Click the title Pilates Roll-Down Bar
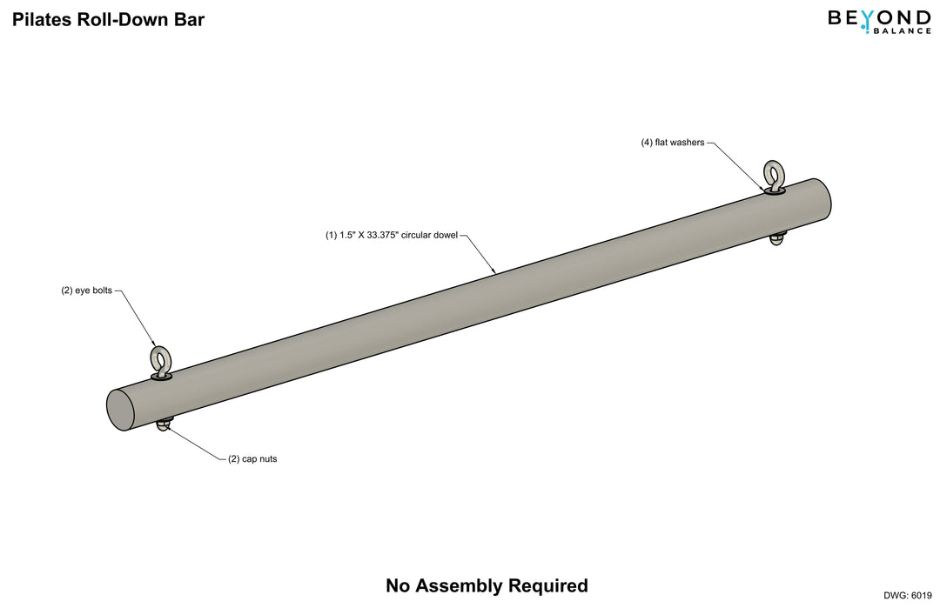coord(108,19)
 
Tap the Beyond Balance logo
coord(879,21)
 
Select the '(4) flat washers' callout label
coord(673,143)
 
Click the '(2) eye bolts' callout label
coord(86,291)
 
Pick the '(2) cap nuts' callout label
coord(252,459)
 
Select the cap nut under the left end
coord(164,424)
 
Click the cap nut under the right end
coord(778,238)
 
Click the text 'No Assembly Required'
coord(487,586)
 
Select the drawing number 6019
coord(920,595)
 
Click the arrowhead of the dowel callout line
coord(495,272)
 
